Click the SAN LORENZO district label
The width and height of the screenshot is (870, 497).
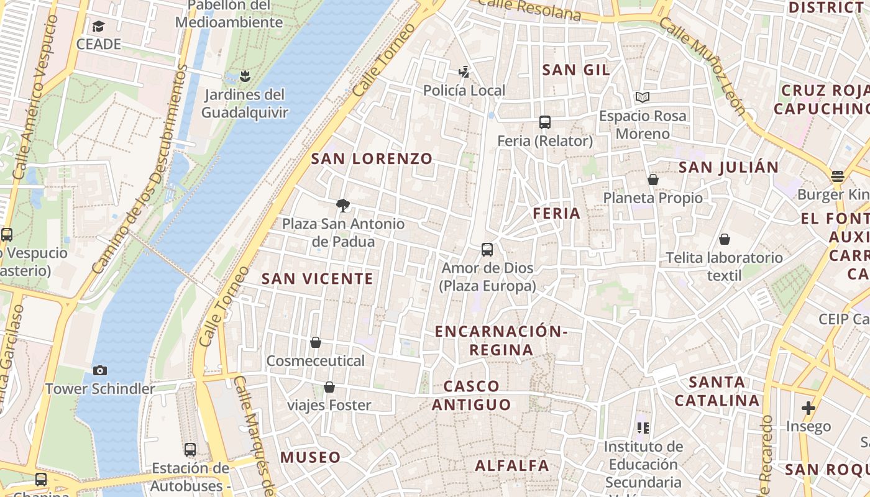coord(372,158)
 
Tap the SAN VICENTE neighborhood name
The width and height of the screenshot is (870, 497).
coord(318,279)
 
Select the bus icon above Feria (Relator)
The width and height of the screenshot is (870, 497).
coord(545,122)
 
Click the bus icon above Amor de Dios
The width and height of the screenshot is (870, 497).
coord(487,250)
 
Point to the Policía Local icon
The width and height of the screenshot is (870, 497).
coord(464,72)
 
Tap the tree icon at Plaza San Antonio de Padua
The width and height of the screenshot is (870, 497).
coord(342,206)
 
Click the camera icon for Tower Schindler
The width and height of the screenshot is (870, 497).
coord(99,371)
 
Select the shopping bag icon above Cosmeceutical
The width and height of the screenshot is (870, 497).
coord(316,342)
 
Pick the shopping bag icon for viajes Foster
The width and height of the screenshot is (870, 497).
coord(329,388)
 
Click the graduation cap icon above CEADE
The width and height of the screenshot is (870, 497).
coord(98,26)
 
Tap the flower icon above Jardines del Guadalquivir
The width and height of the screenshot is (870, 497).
coord(245,76)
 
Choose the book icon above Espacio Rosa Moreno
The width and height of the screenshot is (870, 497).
coord(642,98)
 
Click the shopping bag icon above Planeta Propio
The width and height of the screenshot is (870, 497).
coord(653,180)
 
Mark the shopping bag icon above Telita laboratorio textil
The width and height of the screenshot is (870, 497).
coord(724,239)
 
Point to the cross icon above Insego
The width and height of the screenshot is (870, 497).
coord(808,408)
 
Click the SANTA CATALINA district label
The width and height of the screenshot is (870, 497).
coord(717,391)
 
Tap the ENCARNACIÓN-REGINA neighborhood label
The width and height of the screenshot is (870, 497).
coord(501,340)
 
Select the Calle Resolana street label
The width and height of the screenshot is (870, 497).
coord(529,9)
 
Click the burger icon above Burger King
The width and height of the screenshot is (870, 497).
coord(838,176)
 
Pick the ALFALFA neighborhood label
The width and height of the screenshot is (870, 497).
coord(512,465)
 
